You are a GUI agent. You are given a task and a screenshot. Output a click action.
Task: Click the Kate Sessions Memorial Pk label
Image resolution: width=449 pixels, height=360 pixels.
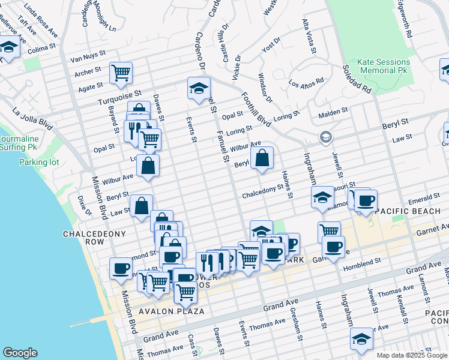point(384,66)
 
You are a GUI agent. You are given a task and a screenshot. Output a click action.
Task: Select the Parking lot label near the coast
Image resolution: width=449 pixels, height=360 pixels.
point(37,162)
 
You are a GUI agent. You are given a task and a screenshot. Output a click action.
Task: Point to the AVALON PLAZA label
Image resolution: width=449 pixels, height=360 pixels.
point(172,311)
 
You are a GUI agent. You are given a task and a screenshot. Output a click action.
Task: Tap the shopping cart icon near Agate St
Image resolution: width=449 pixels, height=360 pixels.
point(121,73)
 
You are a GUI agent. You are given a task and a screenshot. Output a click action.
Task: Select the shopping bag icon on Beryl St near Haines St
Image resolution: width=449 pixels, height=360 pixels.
point(262,159)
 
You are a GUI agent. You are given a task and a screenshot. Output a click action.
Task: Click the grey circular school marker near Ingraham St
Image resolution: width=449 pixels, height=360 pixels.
point(325,137)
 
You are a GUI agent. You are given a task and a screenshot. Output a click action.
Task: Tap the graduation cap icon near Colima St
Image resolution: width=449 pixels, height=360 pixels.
point(8,47)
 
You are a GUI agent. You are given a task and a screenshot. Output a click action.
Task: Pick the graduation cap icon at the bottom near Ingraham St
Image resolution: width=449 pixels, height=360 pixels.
point(361,338)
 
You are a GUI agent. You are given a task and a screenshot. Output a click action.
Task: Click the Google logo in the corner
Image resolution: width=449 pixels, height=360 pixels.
point(20,353)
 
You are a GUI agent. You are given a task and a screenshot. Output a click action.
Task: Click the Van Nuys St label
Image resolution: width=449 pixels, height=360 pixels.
point(88,59)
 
